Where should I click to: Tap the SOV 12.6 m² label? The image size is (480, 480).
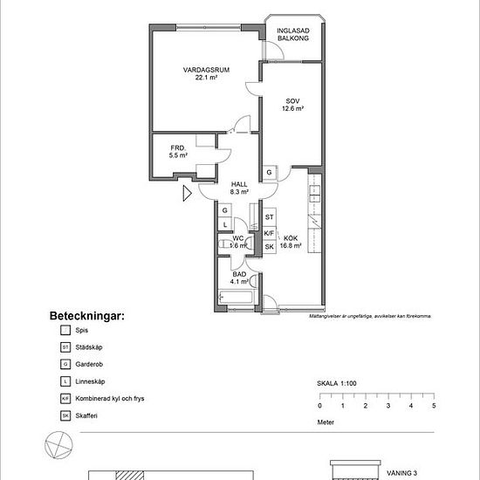292,105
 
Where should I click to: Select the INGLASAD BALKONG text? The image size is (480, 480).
293,34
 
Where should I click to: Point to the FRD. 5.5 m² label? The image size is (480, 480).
178,152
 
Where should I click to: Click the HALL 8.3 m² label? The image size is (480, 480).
239,188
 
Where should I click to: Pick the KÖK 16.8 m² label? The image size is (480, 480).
291,241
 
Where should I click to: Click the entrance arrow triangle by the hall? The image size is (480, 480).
187,193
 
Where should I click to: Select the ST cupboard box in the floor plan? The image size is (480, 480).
270,216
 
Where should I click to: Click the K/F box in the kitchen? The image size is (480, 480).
270,233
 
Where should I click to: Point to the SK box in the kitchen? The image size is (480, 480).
270,247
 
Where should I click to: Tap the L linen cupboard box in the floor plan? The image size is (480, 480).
224,225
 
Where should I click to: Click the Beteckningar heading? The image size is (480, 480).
85,315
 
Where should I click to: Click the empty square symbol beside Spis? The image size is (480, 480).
65,331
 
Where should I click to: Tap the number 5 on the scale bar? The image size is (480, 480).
434,406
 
